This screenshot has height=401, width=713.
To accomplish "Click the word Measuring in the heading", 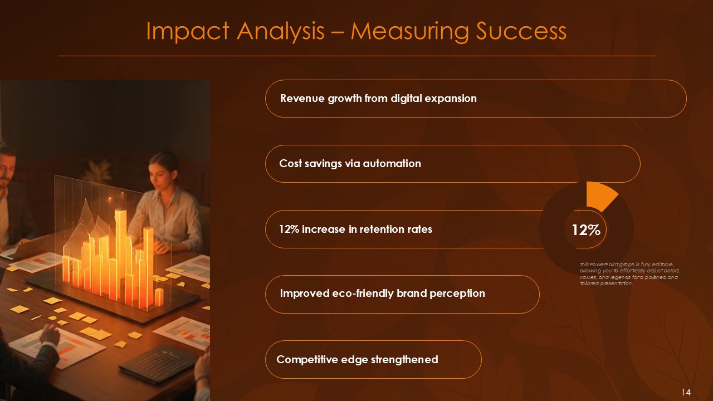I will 411,32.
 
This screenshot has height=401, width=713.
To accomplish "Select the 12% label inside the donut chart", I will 585,229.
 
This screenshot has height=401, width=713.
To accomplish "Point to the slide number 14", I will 686,393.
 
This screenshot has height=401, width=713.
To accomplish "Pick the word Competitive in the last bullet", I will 307,359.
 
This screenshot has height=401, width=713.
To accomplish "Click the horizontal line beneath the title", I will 356,56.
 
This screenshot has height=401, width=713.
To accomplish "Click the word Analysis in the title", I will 280,32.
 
